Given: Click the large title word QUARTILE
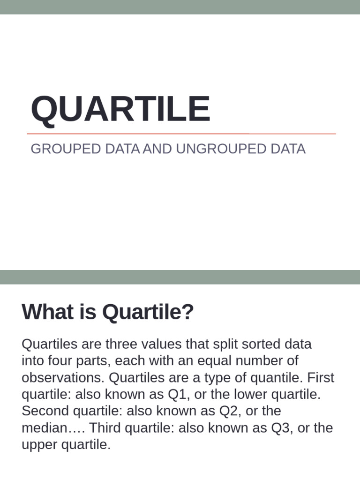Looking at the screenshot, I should click(x=120, y=109).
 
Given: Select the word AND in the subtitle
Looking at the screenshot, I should click(x=157, y=149).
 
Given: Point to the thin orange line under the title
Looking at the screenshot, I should click(x=181, y=134).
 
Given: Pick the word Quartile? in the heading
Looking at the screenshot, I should click(x=148, y=312).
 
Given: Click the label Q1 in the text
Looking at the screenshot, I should click(x=177, y=395).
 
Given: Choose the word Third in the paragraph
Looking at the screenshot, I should click(x=104, y=428).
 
